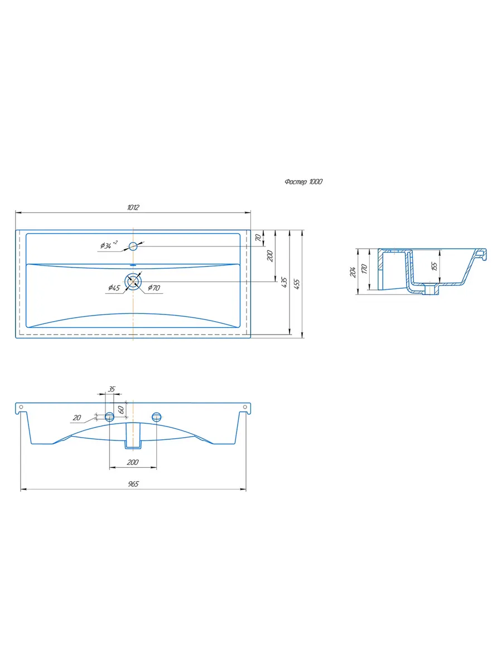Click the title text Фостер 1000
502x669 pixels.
pyautogui.click(x=303, y=182)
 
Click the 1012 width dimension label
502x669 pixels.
pyautogui.click(x=133, y=207)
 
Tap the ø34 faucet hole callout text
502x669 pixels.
pyautogui.click(x=109, y=245)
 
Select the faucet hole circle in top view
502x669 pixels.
pyautogui.click(x=133, y=246)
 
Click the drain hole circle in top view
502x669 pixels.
pyautogui.click(x=133, y=281)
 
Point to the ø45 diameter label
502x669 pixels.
pyautogui.click(x=114, y=287)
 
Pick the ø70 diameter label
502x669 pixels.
pyautogui.click(x=154, y=288)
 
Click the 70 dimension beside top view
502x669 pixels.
pyautogui.click(x=258, y=237)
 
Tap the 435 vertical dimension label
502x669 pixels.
pyautogui.click(x=284, y=282)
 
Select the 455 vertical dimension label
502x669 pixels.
pyautogui.click(x=297, y=284)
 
